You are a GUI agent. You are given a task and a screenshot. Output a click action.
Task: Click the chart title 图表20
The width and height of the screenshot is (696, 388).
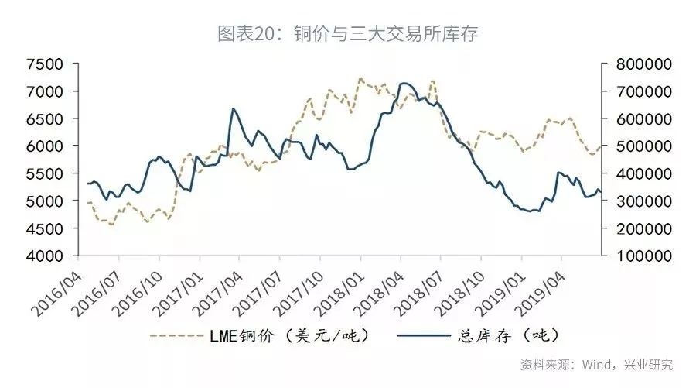(x=349, y=33)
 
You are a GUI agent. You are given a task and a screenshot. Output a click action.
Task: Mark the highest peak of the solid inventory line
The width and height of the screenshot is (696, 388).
(x=403, y=83)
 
